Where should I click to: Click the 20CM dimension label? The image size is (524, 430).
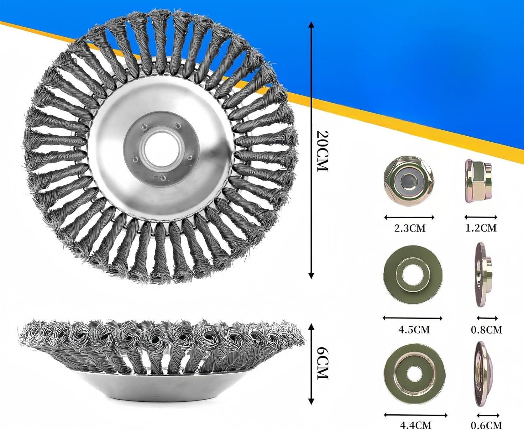coord(323,151)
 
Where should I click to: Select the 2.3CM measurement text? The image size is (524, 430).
coord(410,228)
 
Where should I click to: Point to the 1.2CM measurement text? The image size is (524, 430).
coord(481,228)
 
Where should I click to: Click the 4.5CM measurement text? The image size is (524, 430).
coord(414,330)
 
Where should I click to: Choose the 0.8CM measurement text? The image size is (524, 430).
coord(487,330)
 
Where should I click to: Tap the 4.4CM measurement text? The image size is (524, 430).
coord(415,425)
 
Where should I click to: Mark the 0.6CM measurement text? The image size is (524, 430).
coord(487,425)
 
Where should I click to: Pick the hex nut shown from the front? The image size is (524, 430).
coord(409,181)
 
